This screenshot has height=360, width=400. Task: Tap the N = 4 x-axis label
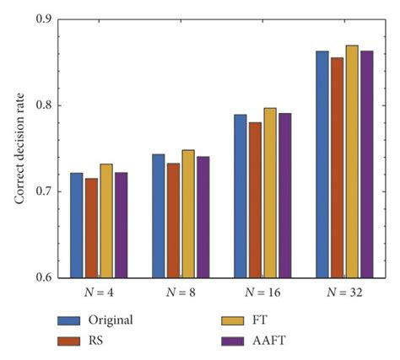[x=91, y=293]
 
